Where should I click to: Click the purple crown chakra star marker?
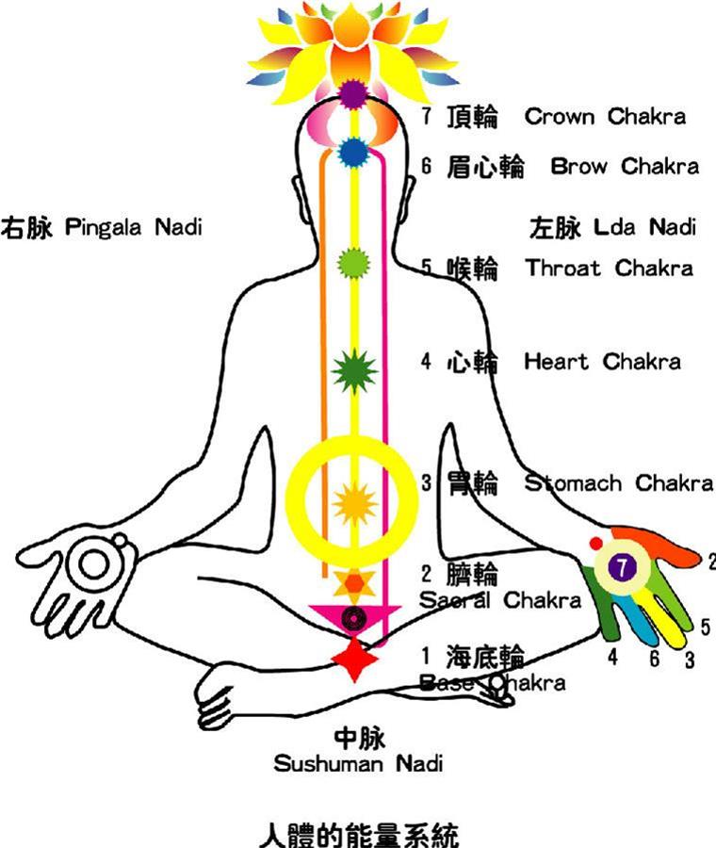[x=353, y=93]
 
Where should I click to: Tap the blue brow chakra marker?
[x=353, y=153]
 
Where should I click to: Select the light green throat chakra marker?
[x=353, y=264]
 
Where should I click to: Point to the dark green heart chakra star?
[x=354, y=371]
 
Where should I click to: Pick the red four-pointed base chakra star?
[x=354, y=660]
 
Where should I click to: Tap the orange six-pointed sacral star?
[x=354, y=583]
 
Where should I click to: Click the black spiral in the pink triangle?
[x=354, y=617]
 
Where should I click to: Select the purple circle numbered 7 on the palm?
[x=623, y=567]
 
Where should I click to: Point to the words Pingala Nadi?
[x=134, y=226]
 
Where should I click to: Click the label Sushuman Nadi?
[x=358, y=763]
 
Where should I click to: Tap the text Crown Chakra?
[x=605, y=116]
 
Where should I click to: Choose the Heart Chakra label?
[x=602, y=361]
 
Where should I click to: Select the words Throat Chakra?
[x=609, y=268]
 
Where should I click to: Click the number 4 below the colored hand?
[x=612, y=657]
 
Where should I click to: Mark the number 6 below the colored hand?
[x=655, y=659]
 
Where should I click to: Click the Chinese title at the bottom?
[x=359, y=835]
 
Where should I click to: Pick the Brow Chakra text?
[x=625, y=166]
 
